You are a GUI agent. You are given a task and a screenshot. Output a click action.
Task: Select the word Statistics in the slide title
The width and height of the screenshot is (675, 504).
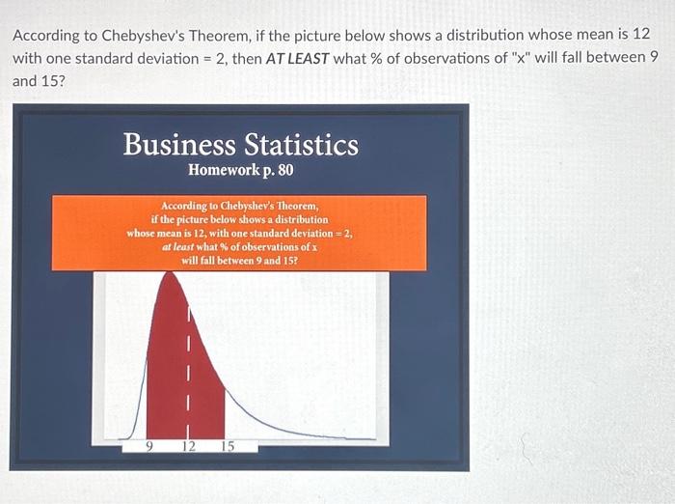301,145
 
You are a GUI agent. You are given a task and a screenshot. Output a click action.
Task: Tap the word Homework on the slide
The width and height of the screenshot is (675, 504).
222,171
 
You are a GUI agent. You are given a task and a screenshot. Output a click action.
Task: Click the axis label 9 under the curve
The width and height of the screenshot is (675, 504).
148,446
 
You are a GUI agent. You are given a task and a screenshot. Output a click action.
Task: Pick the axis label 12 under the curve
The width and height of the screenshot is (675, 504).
189,446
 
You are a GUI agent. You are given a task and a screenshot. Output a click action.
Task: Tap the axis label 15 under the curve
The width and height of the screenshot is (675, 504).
228,446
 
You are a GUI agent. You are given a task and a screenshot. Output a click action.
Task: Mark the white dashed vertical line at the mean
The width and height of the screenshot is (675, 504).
189,367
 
